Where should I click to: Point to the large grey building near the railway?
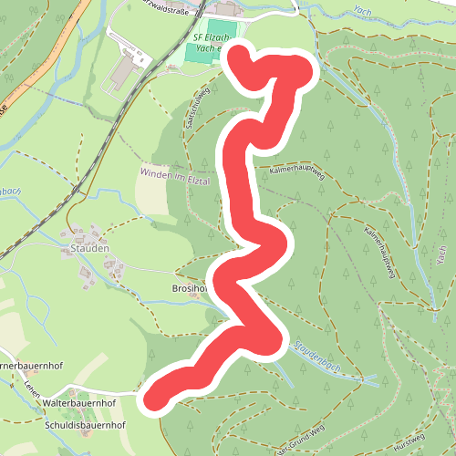122,70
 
